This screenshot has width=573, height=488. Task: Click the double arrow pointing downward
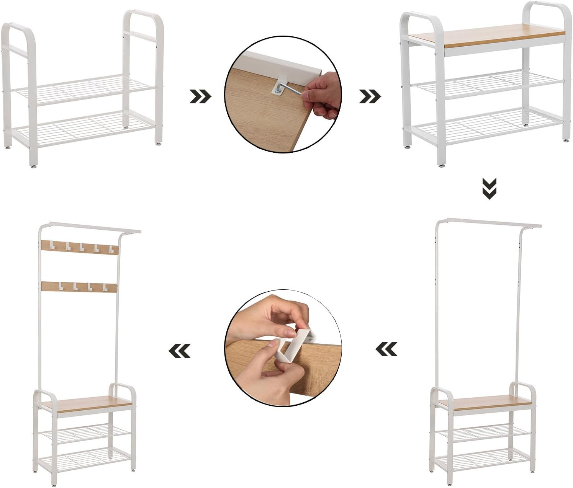tap(490, 189)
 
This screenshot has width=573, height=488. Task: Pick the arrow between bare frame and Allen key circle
tap(200, 97)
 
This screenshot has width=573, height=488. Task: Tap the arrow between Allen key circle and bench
tap(370, 97)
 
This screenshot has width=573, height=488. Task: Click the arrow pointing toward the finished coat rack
tap(180, 350)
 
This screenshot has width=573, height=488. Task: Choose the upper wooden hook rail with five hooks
tap(79, 247)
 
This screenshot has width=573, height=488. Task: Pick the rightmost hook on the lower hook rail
tap(105, 286)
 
